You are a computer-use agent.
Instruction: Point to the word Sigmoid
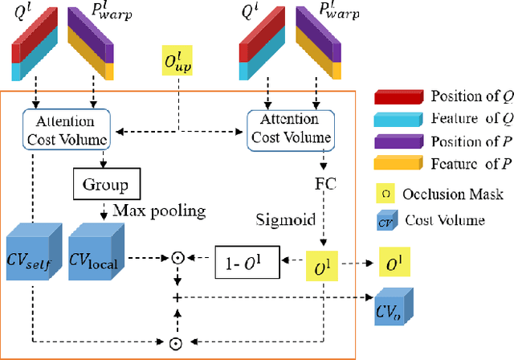[x=280, y=218]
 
